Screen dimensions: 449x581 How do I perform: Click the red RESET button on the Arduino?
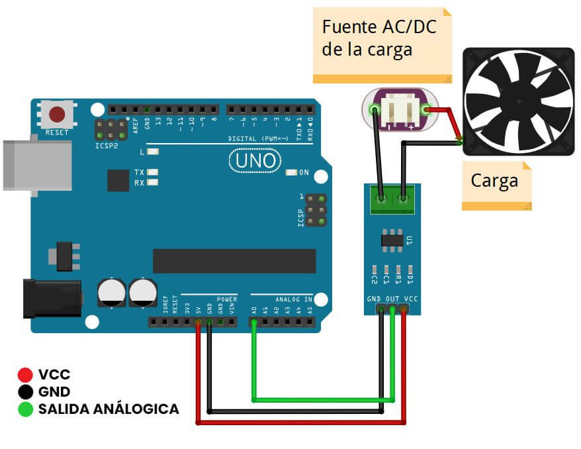coord(57,115)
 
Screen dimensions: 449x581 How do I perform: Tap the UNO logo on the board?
coord(255,161)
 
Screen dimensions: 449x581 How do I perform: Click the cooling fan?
coord(519,101)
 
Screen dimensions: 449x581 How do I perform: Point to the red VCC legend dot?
coord(26,375)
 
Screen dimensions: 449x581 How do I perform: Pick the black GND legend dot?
coord(26,392)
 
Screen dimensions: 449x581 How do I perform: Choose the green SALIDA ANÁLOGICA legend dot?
coord(26,409)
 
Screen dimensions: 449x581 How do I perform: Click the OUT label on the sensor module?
coord(392,299)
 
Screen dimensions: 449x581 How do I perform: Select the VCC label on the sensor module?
coord(410,299)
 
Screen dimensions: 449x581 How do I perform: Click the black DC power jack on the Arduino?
coord(50,298)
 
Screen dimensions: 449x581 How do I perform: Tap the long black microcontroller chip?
coord(225,261)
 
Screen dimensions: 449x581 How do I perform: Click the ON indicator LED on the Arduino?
coord(290,173)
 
